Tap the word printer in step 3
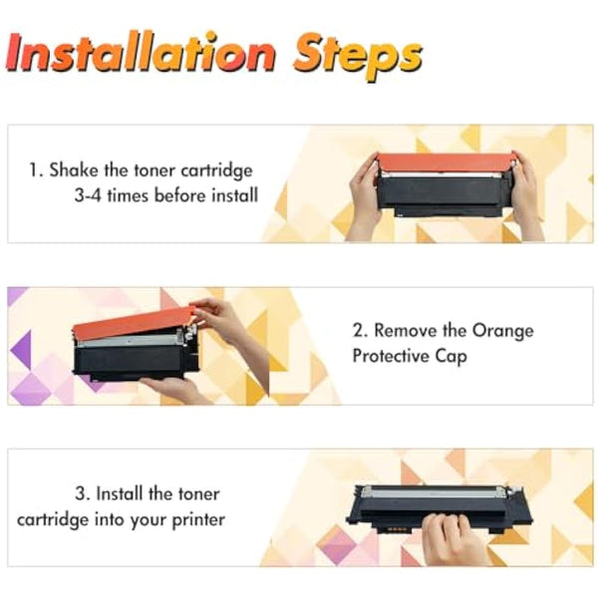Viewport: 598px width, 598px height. click(199, 518)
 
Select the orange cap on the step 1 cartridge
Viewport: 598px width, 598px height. click(446, 160)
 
